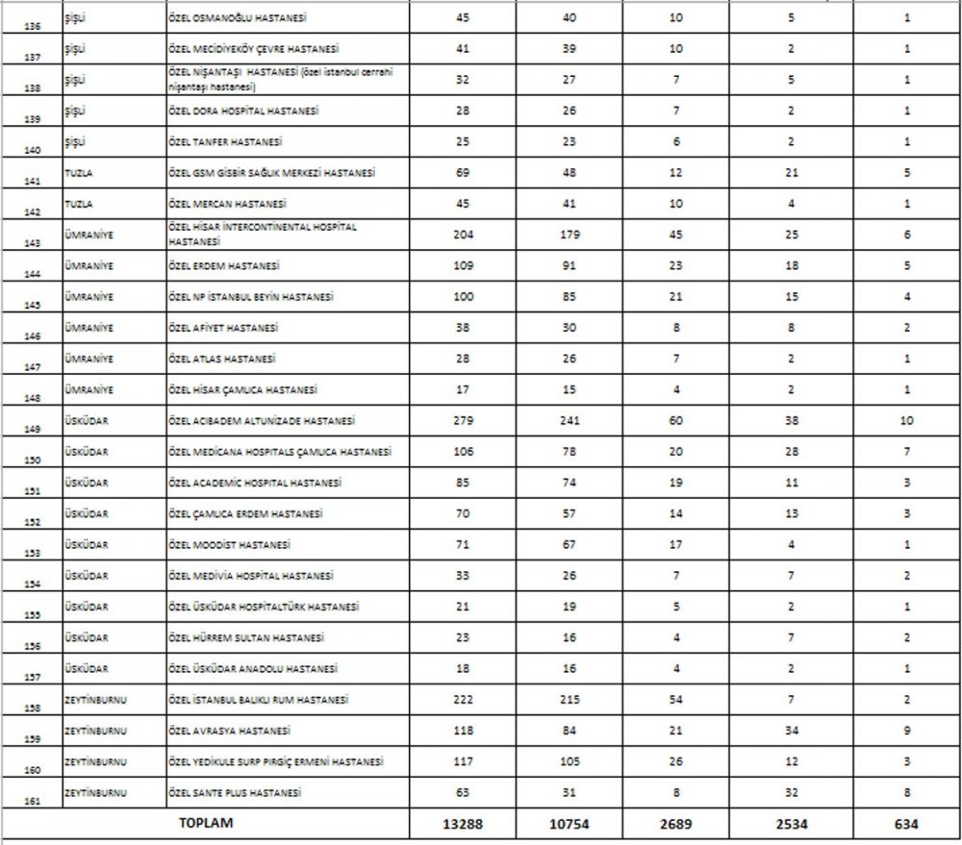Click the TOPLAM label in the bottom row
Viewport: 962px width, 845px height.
coord(206,824)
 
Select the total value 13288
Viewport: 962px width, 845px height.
coord(462,824)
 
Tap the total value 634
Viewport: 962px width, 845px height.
coord(906,824)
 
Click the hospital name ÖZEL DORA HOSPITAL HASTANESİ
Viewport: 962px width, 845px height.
coord(243,111)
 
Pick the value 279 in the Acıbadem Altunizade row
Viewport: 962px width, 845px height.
coord(462,421)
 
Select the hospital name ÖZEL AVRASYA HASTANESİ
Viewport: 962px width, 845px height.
coord(229,731)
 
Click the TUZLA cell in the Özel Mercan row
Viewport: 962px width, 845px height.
coord(77,204)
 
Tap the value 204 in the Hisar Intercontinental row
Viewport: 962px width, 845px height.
coord(462,236)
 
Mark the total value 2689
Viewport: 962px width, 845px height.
coord(676,824)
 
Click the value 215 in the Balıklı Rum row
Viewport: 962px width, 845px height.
coord(570,700)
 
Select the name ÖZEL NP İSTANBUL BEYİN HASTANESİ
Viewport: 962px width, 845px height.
coord(251,297)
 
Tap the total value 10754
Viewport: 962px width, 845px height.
coord(570,824)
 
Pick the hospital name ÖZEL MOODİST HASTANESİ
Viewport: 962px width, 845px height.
coord(229,545)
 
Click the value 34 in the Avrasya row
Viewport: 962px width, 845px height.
coord(792,731)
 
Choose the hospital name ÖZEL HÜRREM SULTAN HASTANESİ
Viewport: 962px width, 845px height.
coord(245,637)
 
